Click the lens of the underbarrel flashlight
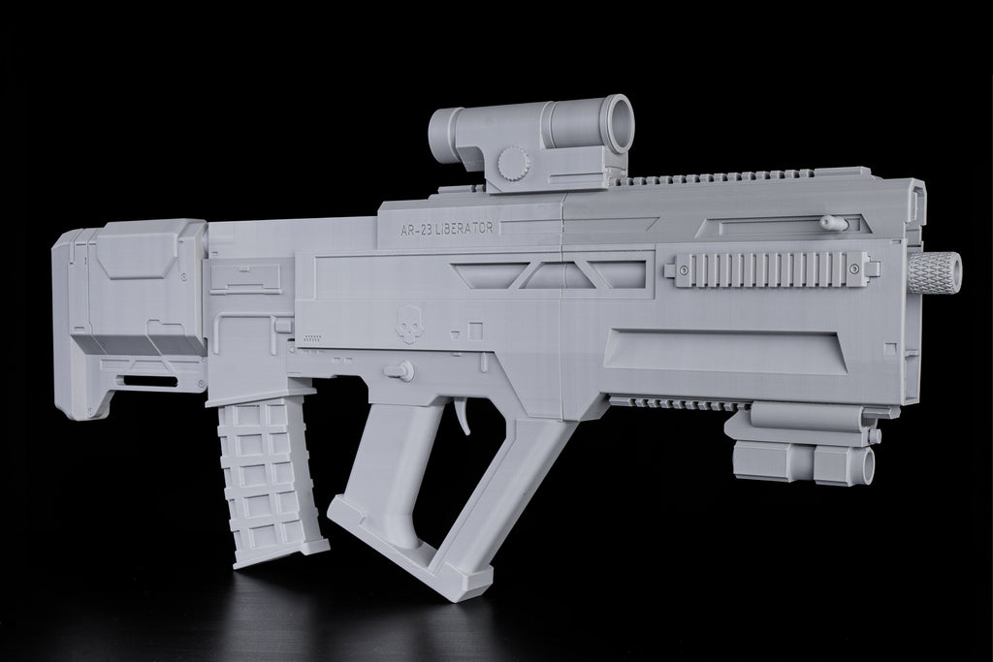click(x=865, y=465)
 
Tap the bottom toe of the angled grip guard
click(x=466, y=587)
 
